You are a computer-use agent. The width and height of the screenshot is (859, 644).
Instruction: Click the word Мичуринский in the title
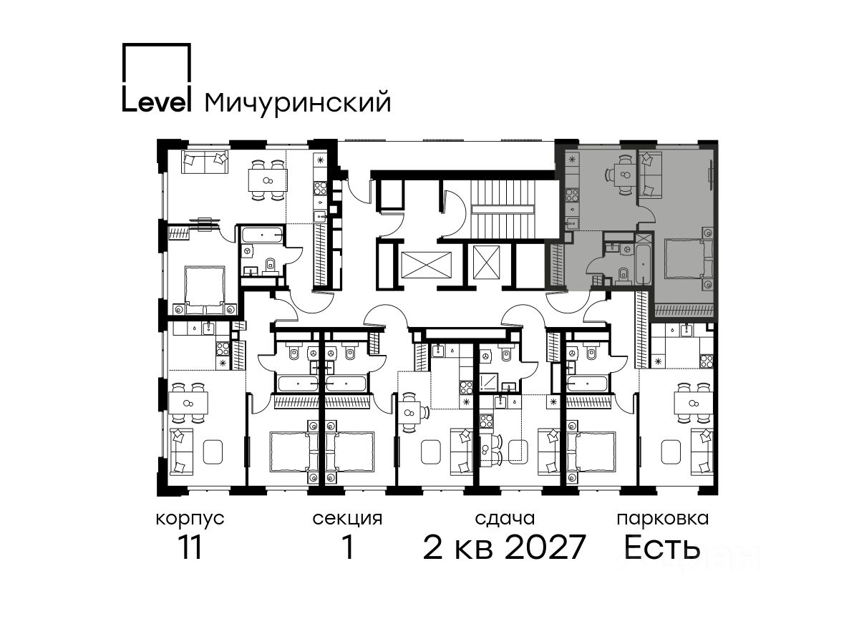(298, 103)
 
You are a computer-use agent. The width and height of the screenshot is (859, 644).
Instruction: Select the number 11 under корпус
(190, 547)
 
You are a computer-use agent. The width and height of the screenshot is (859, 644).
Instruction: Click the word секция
(347, 519)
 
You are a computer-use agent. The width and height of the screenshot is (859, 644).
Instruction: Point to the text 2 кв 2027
(504, 547)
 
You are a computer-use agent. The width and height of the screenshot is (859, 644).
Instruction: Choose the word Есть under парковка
(661, 547)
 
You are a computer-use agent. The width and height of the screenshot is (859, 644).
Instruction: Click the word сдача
(505, 519)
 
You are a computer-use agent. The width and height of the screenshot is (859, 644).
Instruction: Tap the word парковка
(663, 519)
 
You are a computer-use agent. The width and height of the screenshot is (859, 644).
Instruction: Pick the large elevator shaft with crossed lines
(426, 265)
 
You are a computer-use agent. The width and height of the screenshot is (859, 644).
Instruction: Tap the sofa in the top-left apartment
(205, 162)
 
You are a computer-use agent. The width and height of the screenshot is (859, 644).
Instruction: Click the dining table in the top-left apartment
(268, 180)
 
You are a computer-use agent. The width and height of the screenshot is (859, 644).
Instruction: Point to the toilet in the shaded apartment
(623, 275)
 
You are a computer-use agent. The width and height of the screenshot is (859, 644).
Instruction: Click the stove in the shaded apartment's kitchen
(572, 195)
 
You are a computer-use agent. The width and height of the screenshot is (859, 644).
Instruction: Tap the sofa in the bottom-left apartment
(181, 452)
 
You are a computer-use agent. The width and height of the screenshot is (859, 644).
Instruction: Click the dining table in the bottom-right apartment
(693, 403)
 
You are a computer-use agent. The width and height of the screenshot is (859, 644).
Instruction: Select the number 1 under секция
(348, 547)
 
